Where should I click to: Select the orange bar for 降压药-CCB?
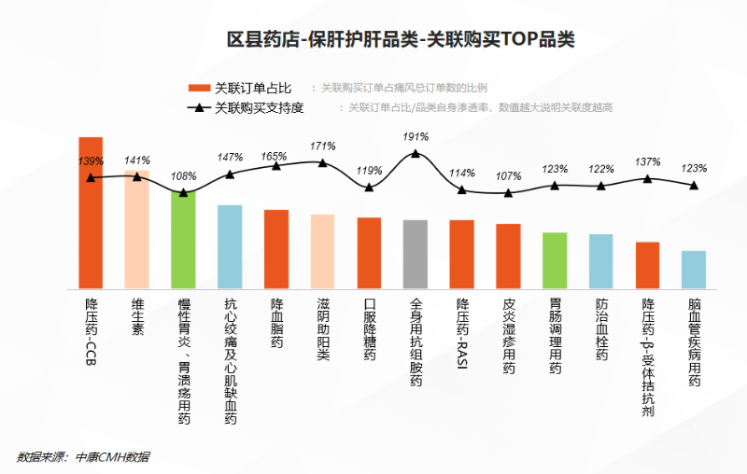pos(91,215)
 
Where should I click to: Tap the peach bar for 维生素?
pos(137,229)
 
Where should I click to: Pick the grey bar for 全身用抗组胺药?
pos(416,253)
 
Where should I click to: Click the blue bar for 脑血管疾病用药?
pos(694,269)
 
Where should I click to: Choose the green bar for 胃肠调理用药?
pos(555,259)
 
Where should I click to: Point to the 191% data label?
pos(416,136)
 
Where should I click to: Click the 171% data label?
pos(323,146)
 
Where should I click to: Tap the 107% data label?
pos(509,176)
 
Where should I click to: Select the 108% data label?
pos(184,176)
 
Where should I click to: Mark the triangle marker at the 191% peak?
pos(416,153)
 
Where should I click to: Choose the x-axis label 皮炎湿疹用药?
pos(509,336)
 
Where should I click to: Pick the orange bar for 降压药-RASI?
pos(462,253)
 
